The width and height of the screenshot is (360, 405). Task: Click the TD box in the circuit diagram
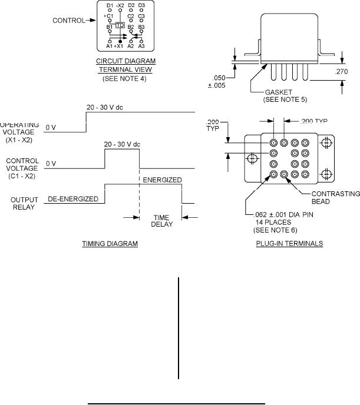[x=120, y=26]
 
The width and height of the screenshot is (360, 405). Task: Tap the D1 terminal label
[x=110, y=5]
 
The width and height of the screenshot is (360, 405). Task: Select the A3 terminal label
[x=141, y=46]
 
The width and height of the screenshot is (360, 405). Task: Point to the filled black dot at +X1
[x=121, y=41]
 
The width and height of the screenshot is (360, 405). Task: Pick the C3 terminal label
[x=141, y=16]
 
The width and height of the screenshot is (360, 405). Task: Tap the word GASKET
[x=277, y=92]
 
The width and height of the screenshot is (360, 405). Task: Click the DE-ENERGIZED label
[x=73, y=199]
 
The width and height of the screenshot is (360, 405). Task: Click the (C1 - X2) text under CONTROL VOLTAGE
[x=24, y=175]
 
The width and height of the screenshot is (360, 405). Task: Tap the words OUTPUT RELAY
[x=25, y=203]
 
